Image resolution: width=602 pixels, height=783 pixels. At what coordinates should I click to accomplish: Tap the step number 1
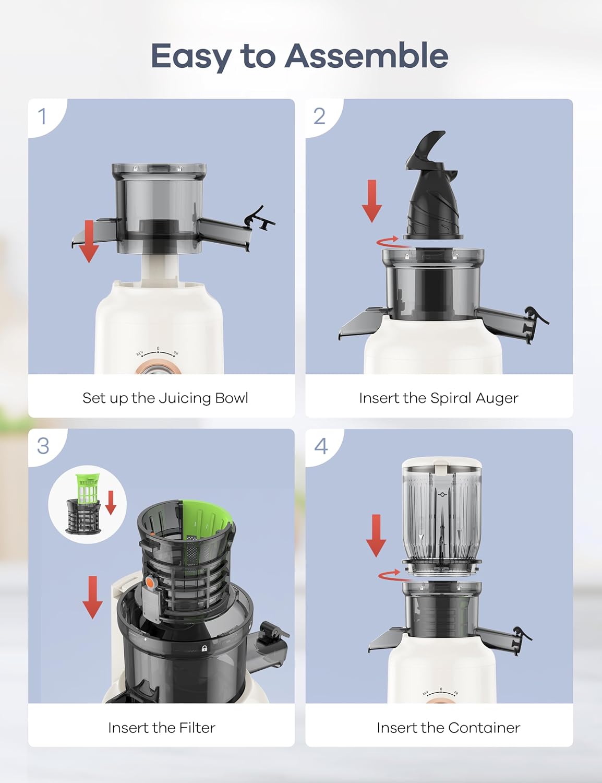click(42, 116)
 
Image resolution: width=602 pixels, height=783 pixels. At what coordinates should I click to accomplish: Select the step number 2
click(319, 116)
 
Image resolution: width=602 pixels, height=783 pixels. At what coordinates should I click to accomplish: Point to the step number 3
click(43, 446)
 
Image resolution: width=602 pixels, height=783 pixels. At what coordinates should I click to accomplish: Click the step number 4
click(321, 446)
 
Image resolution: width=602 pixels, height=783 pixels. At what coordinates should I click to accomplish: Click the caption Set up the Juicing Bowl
click(165, 398)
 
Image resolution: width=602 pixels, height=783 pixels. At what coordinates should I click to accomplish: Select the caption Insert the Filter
click(161, 728)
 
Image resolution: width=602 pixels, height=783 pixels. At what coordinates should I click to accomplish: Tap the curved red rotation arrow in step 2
click(387, 242)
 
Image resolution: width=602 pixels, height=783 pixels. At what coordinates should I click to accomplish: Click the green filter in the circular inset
click(87, 488)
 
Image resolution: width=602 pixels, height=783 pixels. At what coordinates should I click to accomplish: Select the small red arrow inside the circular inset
click(111, 502)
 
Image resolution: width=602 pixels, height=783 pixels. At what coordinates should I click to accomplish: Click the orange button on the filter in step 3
click(150, 582)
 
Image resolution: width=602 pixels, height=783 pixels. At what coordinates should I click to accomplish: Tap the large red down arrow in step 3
click(92, 597)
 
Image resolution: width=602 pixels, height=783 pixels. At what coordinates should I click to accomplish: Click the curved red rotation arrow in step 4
click(389, 575)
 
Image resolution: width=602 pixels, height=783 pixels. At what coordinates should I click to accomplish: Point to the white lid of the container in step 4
click(441, 464)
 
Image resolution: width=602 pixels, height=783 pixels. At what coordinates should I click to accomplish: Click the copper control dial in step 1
click(159, 369)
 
